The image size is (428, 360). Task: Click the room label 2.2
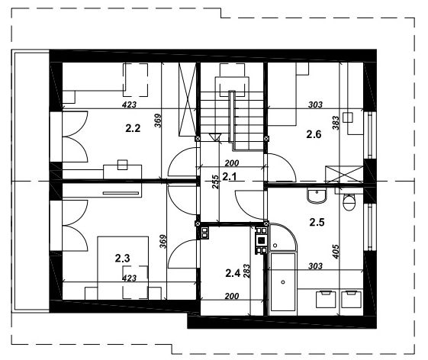click(133, 128)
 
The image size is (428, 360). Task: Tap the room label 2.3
click(122, 258)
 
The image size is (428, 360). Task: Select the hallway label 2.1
click(230, 177)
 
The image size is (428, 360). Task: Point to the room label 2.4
click(233, 272)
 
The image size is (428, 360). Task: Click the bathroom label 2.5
click(317, 222)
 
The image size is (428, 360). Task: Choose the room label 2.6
click(314, 134)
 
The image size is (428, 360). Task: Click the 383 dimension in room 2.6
click(336, 123)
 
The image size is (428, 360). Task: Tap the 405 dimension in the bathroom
click(336, 252)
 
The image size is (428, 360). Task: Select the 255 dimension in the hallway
click(216, 182)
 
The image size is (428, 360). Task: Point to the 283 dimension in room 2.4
click(246, 271)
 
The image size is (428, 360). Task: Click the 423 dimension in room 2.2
click(129, 104)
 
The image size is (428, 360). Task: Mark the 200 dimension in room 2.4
click(232, 296)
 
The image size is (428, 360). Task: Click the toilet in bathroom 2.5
click(349, 202)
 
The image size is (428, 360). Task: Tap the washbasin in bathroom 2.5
click(317, 195)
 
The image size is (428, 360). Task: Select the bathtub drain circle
click(283, 282)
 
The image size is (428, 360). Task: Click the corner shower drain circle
click(275, 246)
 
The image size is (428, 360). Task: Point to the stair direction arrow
click(214, 137)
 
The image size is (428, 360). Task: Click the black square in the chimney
click(261, 240)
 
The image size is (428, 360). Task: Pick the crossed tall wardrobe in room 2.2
click(188, 99)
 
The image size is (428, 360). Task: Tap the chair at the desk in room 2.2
click(123, 165)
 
